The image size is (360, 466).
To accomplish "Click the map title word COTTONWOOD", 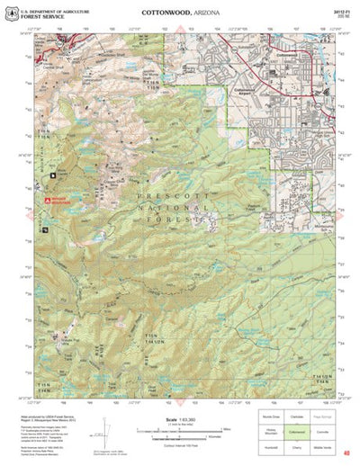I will pyautogui.click(x=165, y=14).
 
